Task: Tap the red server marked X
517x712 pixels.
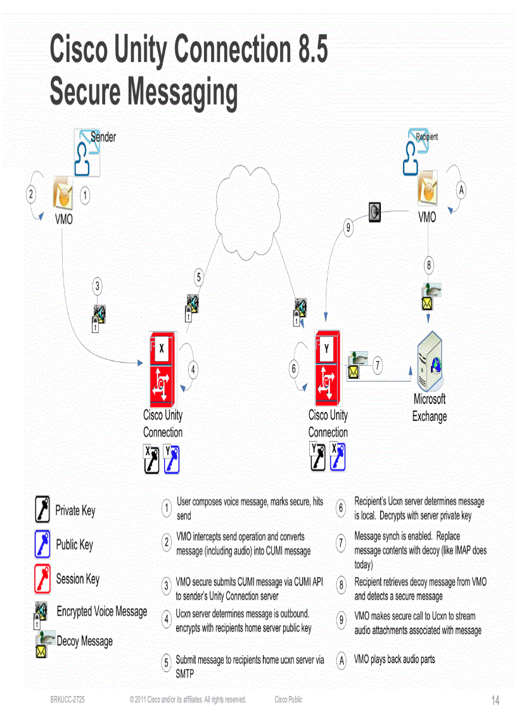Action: pos(162,368)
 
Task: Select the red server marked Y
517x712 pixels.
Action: pos(327,368)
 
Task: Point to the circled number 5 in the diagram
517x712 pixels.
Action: pos(199,277)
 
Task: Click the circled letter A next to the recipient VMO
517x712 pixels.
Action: pos(461,189)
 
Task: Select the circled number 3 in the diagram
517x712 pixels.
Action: pos(97,286)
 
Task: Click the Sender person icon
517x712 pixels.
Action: pos(86,152)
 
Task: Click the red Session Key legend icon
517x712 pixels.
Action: pos(42,579)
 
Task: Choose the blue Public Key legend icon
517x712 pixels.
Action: pos(42,545)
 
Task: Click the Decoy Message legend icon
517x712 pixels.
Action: pos(43,644)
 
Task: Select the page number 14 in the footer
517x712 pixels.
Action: pos(495,701)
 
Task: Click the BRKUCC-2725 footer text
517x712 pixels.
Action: pos(68,700)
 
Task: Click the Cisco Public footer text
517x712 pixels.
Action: pos(288,700)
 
